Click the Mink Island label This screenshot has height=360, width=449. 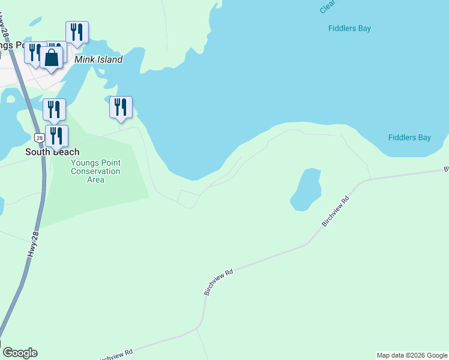pos(98,59)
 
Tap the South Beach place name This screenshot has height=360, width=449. pos(52,152)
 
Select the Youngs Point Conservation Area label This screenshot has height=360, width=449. pos(95,171)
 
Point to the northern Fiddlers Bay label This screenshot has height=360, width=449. pos(350,28)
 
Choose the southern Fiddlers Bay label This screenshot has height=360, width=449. pos(409,137)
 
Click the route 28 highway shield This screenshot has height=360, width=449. pos(39,137)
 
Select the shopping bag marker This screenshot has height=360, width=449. pos(52,57)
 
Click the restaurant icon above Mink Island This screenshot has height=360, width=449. pos(77,32)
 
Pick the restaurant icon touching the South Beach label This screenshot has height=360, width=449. pos(57,136)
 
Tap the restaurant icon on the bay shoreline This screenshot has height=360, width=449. pos(121,107)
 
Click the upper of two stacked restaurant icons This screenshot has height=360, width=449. pos(54,109)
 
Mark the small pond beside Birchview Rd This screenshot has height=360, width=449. pos(306,189)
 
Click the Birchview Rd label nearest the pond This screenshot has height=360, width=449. pos(336,211)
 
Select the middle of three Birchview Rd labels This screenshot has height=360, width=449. pos(218,281)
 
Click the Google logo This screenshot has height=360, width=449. pos(20,353)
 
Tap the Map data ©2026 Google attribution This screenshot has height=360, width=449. pos(412,355)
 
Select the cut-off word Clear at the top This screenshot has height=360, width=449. pos(327,7)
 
